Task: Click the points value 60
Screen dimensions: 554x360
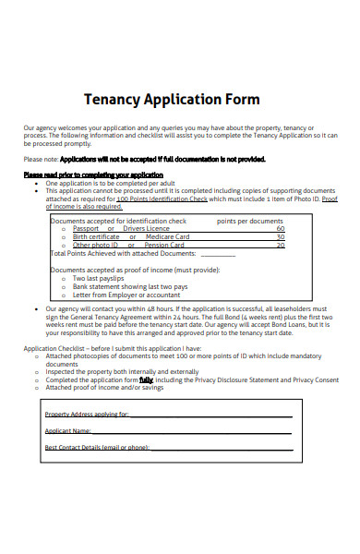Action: [x=280, y=228]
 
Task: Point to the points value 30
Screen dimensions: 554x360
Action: [x=280, y=236]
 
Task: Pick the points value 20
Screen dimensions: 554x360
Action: [x=280, y=245]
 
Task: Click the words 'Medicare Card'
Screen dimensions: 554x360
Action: [x=167, y=236]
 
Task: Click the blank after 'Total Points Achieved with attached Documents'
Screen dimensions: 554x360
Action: [x=218, y=253]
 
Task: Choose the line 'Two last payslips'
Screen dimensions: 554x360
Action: [x=99, y=278]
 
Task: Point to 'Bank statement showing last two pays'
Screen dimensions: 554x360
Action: [x=130, y=286]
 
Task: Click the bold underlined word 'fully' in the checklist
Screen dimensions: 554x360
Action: [x=146, y=379]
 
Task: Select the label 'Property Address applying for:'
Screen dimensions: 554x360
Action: [x=87, y=415]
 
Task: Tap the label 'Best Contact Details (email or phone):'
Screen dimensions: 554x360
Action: [x=96, y=447]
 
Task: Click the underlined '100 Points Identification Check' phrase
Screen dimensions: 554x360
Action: [x=162, y=198]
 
